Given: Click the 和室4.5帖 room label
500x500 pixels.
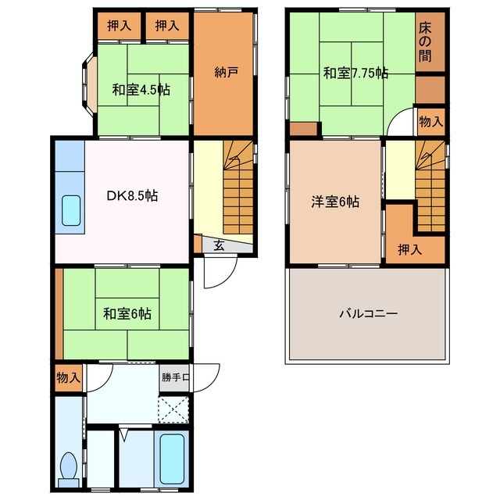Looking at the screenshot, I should click(141, 89).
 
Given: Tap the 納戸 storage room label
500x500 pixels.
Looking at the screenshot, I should click(226, 72).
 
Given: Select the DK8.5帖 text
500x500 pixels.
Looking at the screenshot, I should click(132, 196).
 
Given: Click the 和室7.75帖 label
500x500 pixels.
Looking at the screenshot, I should click(356, 73).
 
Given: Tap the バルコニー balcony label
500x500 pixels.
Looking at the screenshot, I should click(368, 314).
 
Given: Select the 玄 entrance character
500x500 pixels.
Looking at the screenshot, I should click(220, 245).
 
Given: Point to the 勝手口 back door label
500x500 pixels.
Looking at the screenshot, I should click(176, 378).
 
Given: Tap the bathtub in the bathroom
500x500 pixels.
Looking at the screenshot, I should click(173, 459).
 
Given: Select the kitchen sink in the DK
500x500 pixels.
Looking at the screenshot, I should click(71, 209).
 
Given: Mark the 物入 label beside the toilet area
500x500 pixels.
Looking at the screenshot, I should click(68, 378).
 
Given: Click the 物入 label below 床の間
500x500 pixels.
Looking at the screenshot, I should click(430, 121).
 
